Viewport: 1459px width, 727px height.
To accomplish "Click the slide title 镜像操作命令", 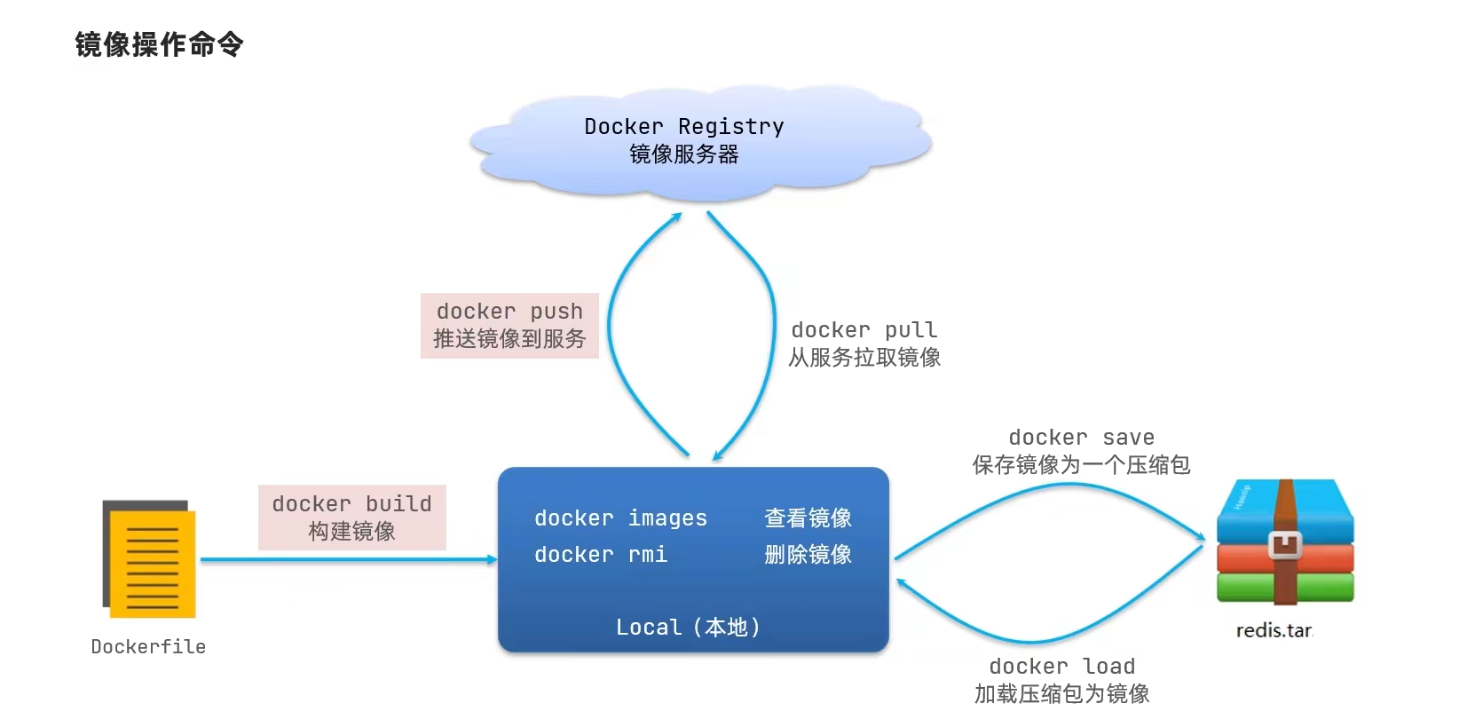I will point(159,44).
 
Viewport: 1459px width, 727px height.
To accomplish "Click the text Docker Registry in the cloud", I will point(683,127).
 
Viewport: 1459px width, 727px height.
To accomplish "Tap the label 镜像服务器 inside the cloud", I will point(683,154).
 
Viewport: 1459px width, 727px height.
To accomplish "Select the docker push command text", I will point(509,312).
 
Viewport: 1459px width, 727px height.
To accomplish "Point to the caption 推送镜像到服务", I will point(509,339).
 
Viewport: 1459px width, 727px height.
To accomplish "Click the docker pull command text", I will point(864,330).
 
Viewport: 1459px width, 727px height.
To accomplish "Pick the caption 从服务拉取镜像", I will point(864,358).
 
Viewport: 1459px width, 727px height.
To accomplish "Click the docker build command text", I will point(351,504).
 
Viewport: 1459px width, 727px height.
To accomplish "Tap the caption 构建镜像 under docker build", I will point(351,532).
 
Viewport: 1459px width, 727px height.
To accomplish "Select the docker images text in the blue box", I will point(620,518).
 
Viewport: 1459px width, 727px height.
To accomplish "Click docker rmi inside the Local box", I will point(600,555).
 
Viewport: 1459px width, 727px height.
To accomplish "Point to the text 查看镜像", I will point(808,518).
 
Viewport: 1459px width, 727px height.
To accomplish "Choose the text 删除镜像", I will point(808,555).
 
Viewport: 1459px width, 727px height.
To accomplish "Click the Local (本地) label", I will point(689,628).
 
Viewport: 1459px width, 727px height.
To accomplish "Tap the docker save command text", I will point(1081,438).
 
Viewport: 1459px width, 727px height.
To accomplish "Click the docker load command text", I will point(1061,667).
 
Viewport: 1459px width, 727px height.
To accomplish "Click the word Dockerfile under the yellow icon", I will point(148,647).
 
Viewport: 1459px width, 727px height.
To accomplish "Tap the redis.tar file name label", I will point(1274,631).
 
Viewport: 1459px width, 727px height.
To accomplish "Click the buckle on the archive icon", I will point(1284,544).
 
